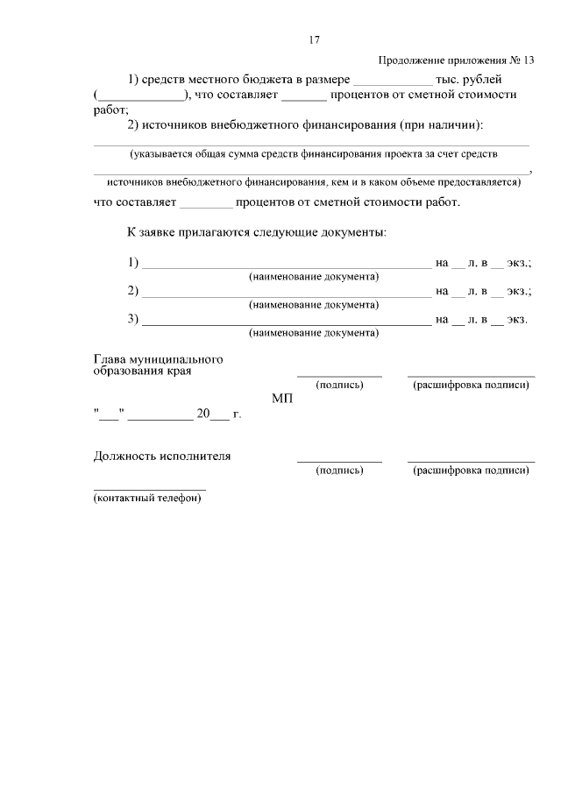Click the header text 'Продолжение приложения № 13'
[x=456, y=60]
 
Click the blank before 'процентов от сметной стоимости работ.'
[x=206, y=204]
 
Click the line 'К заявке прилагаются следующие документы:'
[x=256, y=233]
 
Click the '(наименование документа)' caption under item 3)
[x=314, y=334]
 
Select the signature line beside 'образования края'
[x=339, y=375]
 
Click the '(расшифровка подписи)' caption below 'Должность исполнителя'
[x=471, y=471]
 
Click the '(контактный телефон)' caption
[x=147, y=499]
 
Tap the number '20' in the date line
[x=203, y=414]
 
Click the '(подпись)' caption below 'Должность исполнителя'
[x=339, y=471]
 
